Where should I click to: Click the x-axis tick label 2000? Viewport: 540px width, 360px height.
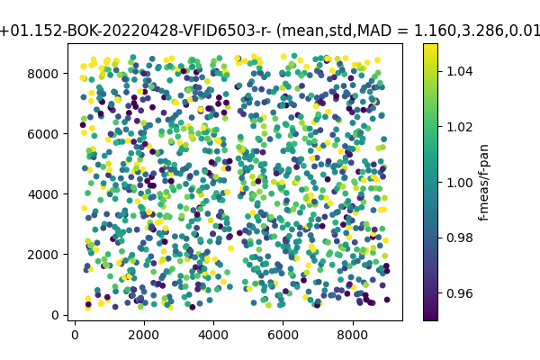144,334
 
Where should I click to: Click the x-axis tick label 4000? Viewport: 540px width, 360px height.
213,334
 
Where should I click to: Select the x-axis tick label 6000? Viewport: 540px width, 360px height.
283,334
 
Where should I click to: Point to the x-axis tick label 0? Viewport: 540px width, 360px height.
75,334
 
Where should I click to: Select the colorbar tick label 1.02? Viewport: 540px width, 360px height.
458,127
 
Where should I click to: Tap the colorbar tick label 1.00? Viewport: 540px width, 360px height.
458,183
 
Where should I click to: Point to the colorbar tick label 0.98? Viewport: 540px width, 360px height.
458,238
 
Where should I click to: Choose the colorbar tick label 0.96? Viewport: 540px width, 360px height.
458,293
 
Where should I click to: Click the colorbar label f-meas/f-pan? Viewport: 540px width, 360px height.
483,182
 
